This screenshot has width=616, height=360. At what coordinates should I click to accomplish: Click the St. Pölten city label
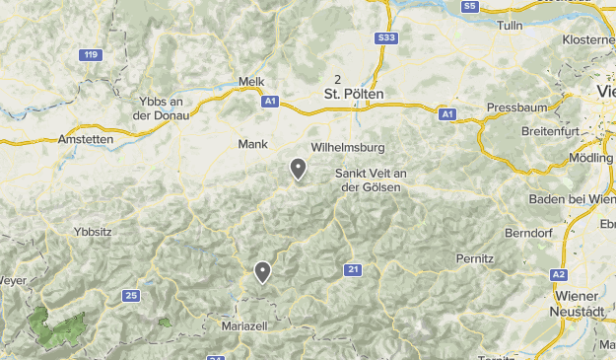click(354, 94)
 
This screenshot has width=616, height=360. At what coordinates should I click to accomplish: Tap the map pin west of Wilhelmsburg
click(298, 170)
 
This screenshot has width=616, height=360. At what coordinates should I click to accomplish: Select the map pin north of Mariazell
click(262, 272)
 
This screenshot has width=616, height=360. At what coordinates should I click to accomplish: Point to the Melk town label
click(252, 82)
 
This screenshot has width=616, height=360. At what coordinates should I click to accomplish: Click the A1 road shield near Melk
click(270, 101)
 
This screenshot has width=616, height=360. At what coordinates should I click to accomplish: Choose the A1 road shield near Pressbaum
click(447, 114)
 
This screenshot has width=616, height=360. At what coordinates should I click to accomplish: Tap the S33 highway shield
click(386, 37)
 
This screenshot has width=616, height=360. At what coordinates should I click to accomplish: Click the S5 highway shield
click(469, 6)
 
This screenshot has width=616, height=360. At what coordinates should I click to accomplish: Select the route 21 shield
click(353, 269)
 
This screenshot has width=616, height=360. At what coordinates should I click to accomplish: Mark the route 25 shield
click(131, 295)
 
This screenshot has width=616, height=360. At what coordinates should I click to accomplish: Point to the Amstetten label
click(86, 139)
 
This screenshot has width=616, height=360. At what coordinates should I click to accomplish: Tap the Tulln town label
click(511, 26)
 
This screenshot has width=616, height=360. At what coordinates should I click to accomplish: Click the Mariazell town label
click(244, 324)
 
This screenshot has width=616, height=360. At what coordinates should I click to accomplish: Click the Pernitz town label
click(475, 257)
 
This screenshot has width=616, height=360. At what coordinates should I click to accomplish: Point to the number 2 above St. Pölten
click(338, 79)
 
